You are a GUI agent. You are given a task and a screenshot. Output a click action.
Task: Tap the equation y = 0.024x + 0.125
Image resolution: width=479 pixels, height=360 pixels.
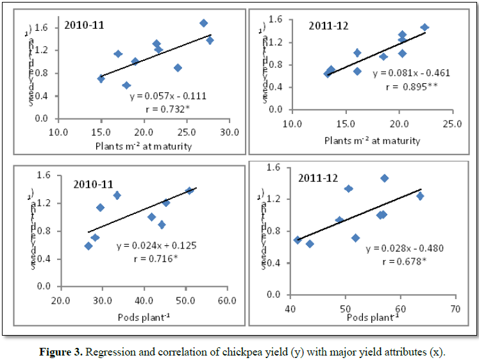coord(156,245)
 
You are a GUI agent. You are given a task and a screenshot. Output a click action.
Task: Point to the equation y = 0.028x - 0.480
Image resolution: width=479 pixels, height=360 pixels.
coord(405,249)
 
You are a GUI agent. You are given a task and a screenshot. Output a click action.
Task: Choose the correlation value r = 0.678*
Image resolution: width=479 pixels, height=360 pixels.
coord(405,261)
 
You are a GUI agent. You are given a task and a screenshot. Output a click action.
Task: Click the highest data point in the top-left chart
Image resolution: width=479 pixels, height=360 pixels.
coord(204,23)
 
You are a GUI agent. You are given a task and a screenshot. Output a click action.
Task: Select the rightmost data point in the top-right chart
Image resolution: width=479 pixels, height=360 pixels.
coord(424,28)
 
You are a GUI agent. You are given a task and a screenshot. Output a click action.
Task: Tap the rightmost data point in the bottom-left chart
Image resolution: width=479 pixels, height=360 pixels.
coord(189,191)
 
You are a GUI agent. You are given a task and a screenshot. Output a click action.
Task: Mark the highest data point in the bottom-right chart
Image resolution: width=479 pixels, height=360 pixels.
coord(384,178)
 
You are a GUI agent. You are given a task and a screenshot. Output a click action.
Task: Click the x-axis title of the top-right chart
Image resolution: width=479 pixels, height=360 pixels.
coord(372,140)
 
